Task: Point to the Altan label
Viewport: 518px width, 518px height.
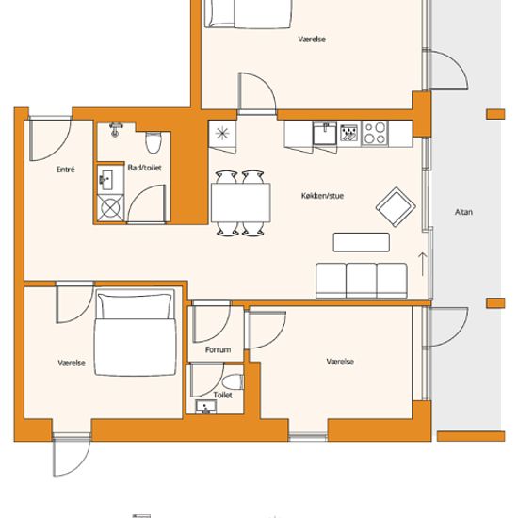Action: click(463, 212)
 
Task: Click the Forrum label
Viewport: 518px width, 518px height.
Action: click(218, 350)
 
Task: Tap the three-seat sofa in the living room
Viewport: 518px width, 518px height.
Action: click(361, 280)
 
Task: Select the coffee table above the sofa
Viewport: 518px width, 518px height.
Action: click(361, 242)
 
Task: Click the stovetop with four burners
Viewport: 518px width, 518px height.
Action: click(375, 134)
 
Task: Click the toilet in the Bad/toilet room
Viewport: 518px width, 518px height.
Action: click(154, 141)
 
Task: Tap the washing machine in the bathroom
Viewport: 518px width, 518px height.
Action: click(109, 208)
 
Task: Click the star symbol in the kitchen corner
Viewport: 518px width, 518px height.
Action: click(222, 133)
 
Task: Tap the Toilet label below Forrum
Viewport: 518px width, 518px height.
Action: click(222, 396)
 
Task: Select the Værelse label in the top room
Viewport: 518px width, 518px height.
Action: click(311, 40)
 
